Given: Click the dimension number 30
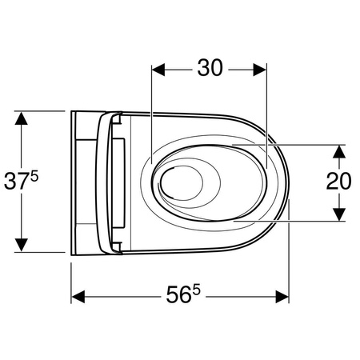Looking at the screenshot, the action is click(x=210, y=68).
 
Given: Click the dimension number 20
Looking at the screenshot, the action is click(x=338, y=182).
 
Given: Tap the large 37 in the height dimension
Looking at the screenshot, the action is click(x=17, y=182).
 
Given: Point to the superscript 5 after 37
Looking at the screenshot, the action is click(x=34, y=177).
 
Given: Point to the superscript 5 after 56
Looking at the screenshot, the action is click(x=196, y=290).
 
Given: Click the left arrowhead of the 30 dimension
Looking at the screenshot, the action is click(x=158, y=70).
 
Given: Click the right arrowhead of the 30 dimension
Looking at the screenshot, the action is click(x=260, y=70).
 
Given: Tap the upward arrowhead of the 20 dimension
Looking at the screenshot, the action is click(x=339, y=151).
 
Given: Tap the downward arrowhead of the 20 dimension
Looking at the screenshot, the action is click(x=339, y=214).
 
